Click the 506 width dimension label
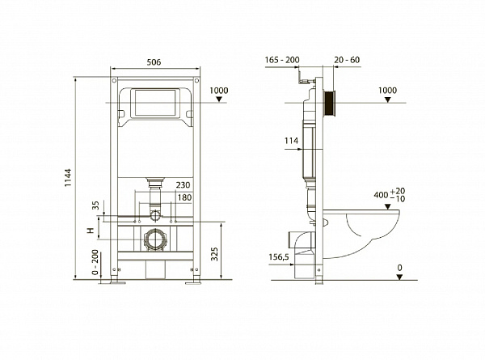[x=154, y=62]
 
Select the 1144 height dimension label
[x=68, y=177]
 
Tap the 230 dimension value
[x=183, y=185]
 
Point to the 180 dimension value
[x=184, y=197]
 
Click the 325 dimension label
[x=215, y=254]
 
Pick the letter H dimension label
[x=91, y=231]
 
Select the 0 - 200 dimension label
[x=95, y=262]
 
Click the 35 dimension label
[x=95, y=205]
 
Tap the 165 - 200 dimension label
[x=282, y=60]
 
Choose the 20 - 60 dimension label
[x=347, y=60]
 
